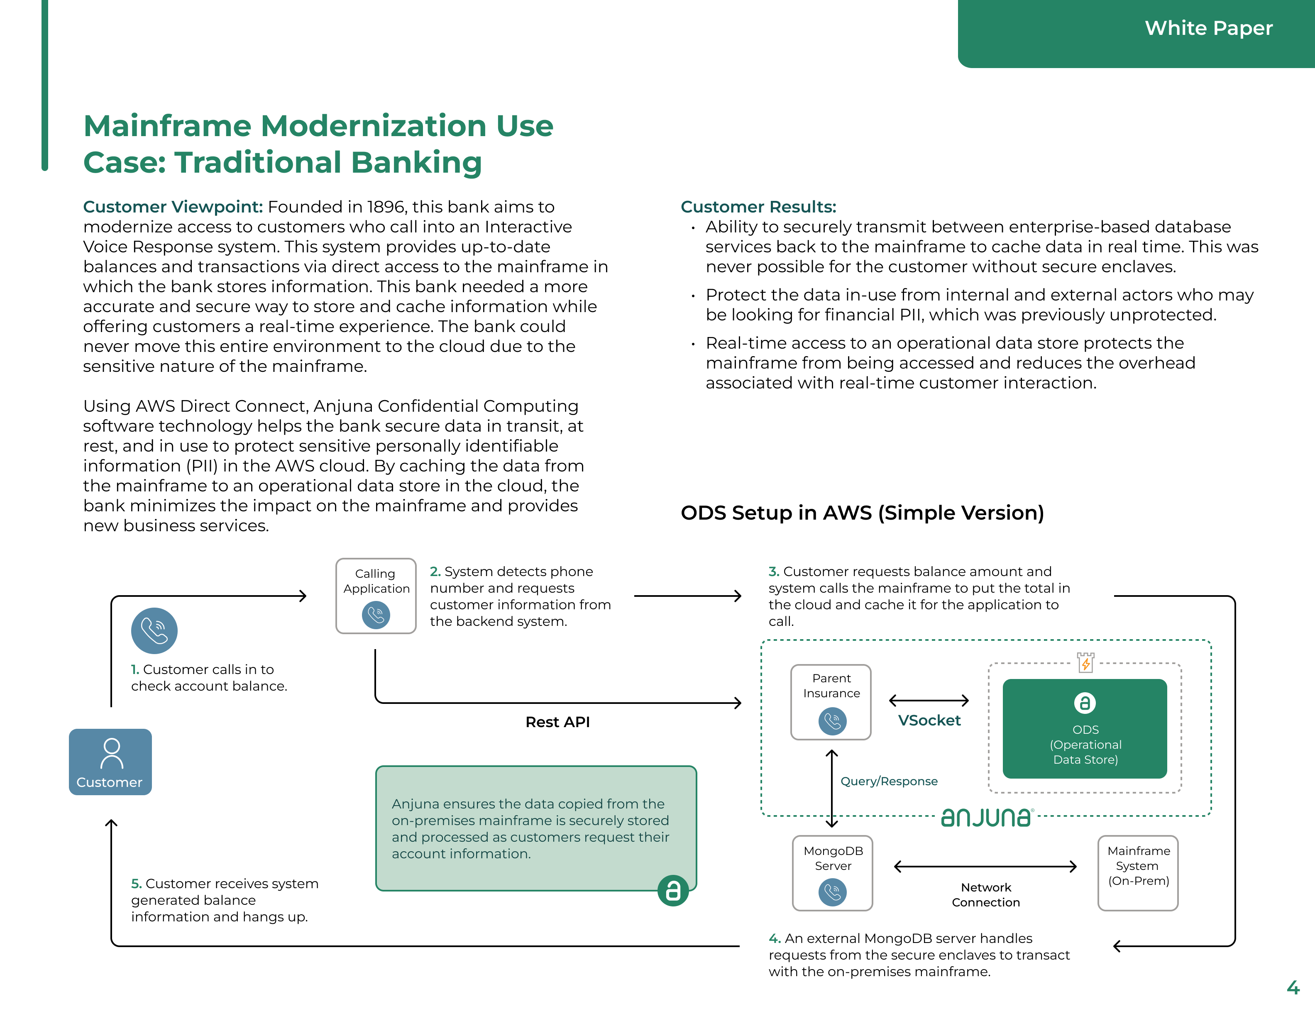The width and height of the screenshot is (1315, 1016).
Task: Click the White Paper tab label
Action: pos(1208,28)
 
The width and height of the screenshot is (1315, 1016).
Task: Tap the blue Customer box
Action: pos(110,762)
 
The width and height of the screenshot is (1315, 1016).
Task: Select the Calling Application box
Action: pos(376,596)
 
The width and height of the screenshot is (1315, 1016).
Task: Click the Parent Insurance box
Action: pos(831,702)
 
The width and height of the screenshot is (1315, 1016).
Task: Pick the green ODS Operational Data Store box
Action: pos(1084,729)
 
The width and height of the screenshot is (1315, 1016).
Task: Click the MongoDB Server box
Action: pos(832,873)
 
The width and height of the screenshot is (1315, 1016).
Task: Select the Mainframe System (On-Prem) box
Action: pos(1138,873)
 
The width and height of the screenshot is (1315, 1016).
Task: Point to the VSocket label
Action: pos(929,720)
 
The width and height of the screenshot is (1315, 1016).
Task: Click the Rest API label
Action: pos(557,722)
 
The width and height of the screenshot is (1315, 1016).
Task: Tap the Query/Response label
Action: pos(889,781)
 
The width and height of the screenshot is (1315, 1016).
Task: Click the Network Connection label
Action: pos(986,894)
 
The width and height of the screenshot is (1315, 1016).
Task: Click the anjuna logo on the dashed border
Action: pos(986,817)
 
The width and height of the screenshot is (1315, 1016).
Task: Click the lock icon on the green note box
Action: pos(672,890)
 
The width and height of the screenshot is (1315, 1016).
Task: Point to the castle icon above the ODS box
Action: pos(1085,662)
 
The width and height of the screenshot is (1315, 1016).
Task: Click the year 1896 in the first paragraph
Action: pos(385,207)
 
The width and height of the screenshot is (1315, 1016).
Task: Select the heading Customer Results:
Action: pos(758,207)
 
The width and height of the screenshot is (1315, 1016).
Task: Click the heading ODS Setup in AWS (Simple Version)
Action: pos(862,513)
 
